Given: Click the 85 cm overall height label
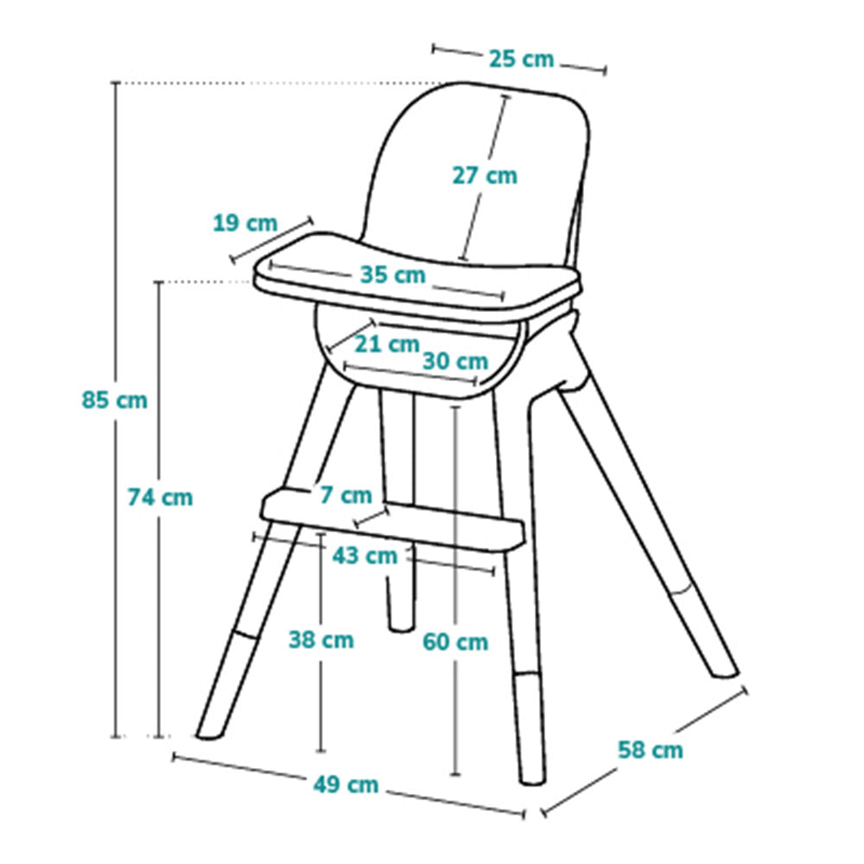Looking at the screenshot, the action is pyautogui.click(x=115, y=400).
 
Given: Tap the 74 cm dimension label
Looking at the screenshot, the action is pyautogui.click(x=161, y=497).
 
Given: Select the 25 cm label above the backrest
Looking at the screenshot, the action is pyautogui.click(x=521, y=59).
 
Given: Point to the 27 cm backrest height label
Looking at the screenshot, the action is pyautogui.click(x=485, y=175).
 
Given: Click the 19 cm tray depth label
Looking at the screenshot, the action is pyautogui.click(x=245, y=223).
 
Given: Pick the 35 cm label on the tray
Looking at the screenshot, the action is pyautogui.click(x=393, y=275).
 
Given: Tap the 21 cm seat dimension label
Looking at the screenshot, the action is pyautogui.click(x=387, y=344).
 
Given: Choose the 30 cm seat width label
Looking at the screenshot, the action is pyautogui.click(x=455, y=361).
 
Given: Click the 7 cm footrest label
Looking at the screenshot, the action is pyautogui.click(x=346, y=495).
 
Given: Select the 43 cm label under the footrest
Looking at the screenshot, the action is pyautogui.click(x=365, y=556).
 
